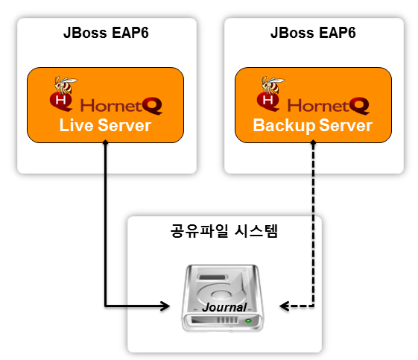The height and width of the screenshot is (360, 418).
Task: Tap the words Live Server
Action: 105,125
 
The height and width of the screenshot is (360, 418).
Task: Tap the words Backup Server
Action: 312,125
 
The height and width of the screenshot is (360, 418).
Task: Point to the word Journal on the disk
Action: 225,306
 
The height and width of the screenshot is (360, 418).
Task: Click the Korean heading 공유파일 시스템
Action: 224,231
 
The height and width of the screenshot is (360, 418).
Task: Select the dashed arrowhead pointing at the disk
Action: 284,306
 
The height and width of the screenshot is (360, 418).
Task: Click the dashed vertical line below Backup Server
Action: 313,224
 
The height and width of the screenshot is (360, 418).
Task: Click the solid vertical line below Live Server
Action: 106,224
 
